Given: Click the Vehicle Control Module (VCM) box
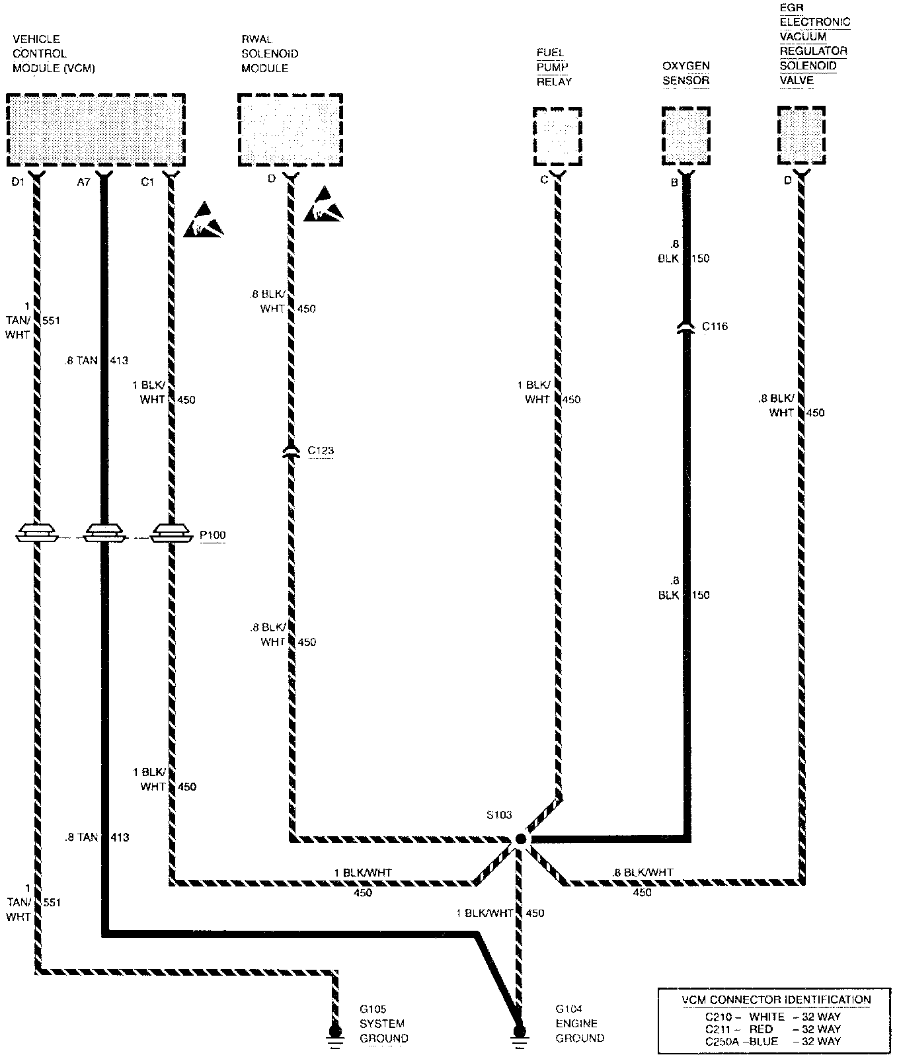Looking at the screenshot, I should pos(96,130).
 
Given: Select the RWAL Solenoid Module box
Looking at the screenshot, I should pos(290,130).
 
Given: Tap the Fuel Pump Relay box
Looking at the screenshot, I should pos(557,137).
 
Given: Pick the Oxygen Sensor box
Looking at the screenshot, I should pos(686,137).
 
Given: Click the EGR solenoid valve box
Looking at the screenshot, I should pos(801,136).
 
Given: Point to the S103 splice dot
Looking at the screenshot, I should pos(520,839).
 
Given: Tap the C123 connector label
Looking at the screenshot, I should pos(321,451).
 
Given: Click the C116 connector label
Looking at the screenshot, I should pos(715,326).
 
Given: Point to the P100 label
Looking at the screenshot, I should pos(213,535).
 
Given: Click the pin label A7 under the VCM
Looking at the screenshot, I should pos(83,182).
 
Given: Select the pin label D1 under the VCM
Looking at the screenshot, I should pos(18,182).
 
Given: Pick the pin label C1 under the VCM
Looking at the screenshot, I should pos(147,182).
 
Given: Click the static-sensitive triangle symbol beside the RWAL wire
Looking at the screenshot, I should pos(324,205).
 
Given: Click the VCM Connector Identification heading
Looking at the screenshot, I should pos(776,1000).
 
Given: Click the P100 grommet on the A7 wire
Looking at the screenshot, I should pos(103,531).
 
